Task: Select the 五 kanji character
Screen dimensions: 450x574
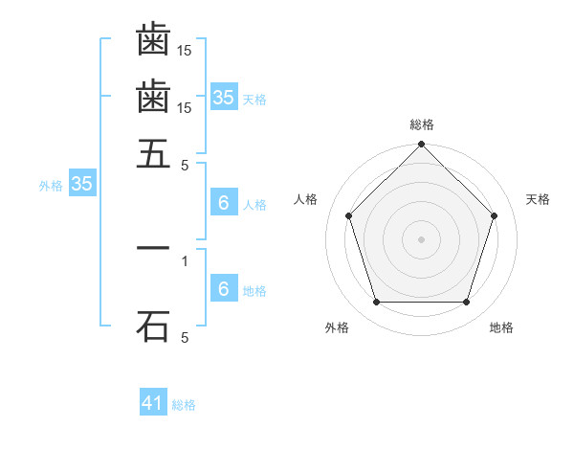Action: (x=153, y=153)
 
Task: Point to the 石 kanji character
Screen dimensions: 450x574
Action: (x=153, y=326)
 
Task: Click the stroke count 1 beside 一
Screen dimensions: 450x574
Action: (x=185, y=260)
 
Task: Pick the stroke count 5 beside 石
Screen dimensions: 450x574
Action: (x=185, y=337)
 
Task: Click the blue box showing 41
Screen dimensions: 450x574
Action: (x=153, y=403)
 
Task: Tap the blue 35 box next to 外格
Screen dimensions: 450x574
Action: (x=81, y=185)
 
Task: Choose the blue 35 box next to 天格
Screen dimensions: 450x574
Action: (x=223, y=98)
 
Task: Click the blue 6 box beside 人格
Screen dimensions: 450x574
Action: (x=223, y=203)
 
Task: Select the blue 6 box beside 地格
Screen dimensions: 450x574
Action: (x=223, y=289)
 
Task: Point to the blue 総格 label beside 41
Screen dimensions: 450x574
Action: (x=184, y=405)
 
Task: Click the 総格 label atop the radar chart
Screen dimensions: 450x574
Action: (x=422, y=124)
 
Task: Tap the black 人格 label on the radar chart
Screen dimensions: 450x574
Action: (x=306, y=199)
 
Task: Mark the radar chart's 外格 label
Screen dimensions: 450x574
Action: (x=337, y=327)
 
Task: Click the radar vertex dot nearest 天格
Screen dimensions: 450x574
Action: (x=494, y=215)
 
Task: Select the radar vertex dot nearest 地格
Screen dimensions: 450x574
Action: (x=466, y=302)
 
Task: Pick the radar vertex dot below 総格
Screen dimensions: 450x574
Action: (x=421, y=146)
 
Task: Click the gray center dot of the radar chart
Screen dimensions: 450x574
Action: (x=421, y=238)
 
